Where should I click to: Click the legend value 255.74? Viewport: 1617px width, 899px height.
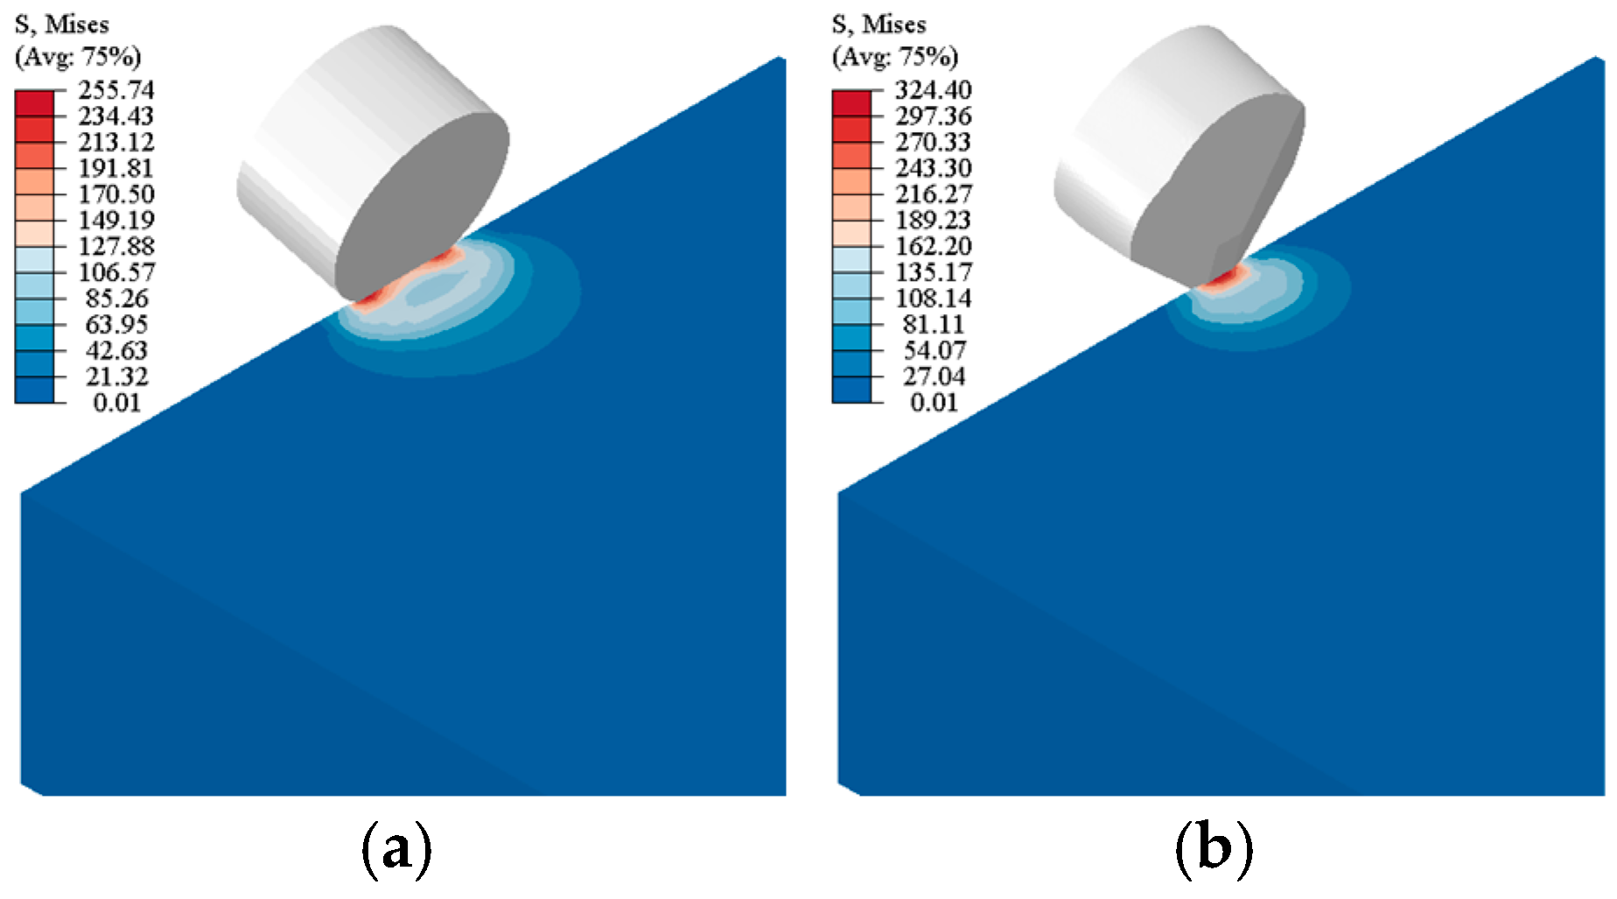[115, 90]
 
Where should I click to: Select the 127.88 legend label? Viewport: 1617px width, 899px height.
[115, 246]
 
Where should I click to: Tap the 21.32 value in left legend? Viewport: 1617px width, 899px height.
[116, 376]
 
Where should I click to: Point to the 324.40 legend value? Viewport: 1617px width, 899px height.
[933, 90]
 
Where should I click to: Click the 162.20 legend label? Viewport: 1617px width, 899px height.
[933, 246]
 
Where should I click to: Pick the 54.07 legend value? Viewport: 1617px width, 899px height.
[934, 350]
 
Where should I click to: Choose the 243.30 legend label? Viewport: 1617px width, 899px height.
[933, 168]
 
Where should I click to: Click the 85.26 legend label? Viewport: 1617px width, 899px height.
[116, 298]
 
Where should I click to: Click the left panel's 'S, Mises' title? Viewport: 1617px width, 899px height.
[61, 25]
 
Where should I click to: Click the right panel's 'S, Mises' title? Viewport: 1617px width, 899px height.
[878, 25]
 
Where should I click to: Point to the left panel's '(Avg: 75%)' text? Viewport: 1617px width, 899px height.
[78, 57]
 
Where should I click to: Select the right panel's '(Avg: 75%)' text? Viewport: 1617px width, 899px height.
[895, 57]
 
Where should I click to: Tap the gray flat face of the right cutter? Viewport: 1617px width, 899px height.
[1216, 188]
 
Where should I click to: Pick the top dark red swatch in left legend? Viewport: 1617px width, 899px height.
[34, 103]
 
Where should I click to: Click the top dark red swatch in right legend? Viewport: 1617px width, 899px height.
[851, 103]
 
